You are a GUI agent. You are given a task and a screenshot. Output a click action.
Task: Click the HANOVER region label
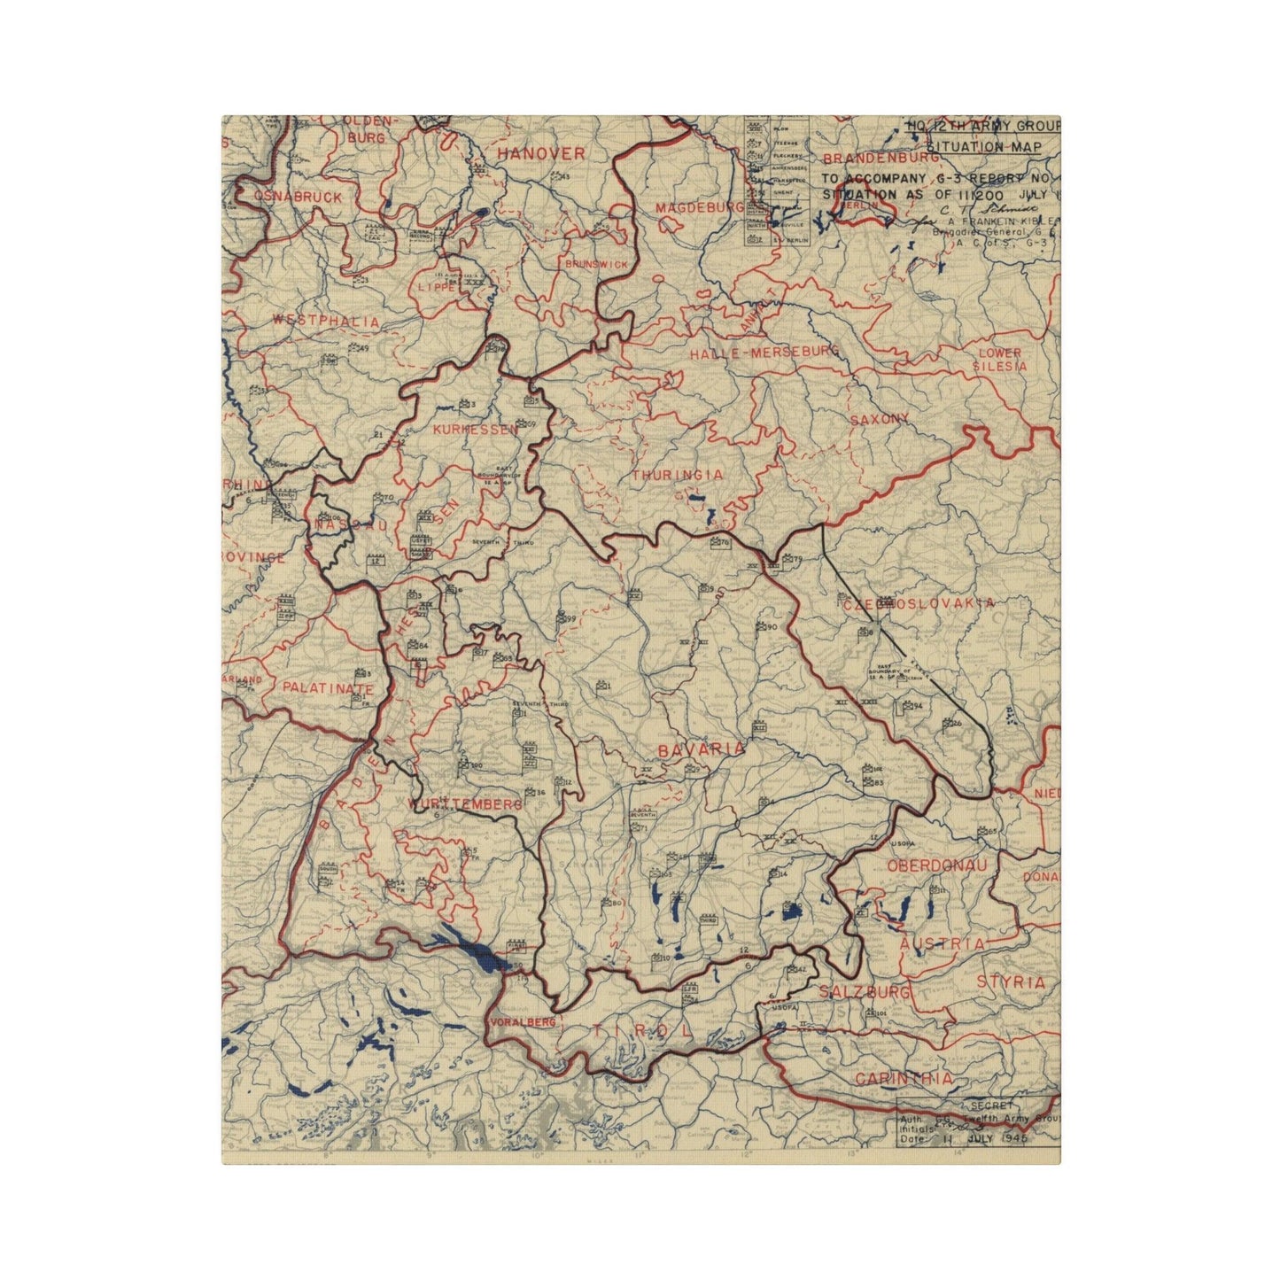[540, 154]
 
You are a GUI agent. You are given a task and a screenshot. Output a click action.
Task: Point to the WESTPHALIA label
[326, 321]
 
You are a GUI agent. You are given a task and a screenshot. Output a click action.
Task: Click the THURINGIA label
[678, 475]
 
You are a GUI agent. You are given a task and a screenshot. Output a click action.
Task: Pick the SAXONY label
[879, 418]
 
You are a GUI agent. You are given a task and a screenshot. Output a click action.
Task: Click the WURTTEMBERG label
[466, 804]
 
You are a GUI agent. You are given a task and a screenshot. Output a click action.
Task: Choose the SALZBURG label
[865, 992]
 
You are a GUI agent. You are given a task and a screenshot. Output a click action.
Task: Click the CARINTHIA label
[904, 1078]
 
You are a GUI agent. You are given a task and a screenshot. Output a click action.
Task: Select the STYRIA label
[1012, 981]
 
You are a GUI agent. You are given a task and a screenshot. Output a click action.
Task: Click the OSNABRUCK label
[298, 196]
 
